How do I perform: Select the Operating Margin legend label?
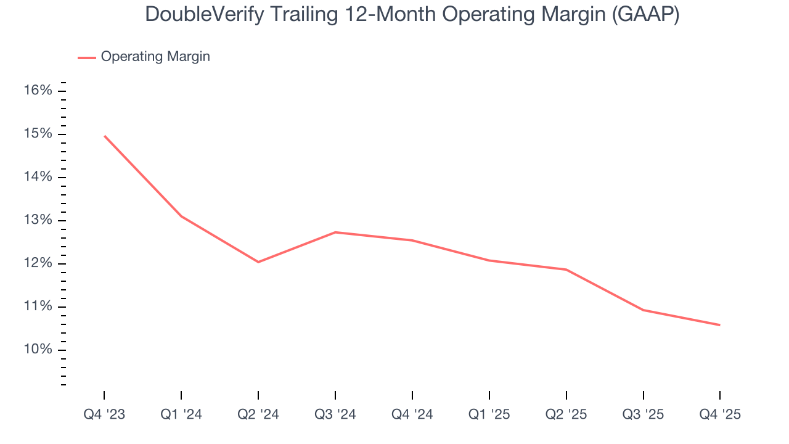155,57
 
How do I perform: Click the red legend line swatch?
86,57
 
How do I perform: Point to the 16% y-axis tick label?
38,91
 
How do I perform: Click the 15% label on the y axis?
38,134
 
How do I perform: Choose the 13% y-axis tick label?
38,220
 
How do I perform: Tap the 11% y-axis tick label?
38,306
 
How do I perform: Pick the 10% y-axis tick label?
38,350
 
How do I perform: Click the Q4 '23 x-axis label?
104,414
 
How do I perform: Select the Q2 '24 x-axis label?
258,414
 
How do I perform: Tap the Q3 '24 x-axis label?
335,414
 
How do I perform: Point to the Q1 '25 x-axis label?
489,414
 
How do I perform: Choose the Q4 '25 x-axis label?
719,414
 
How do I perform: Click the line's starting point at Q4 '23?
105,136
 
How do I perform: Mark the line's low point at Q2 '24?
258,262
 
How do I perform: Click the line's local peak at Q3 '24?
335,232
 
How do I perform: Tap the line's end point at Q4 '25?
719,325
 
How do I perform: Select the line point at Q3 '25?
643,310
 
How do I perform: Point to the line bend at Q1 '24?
181,216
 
